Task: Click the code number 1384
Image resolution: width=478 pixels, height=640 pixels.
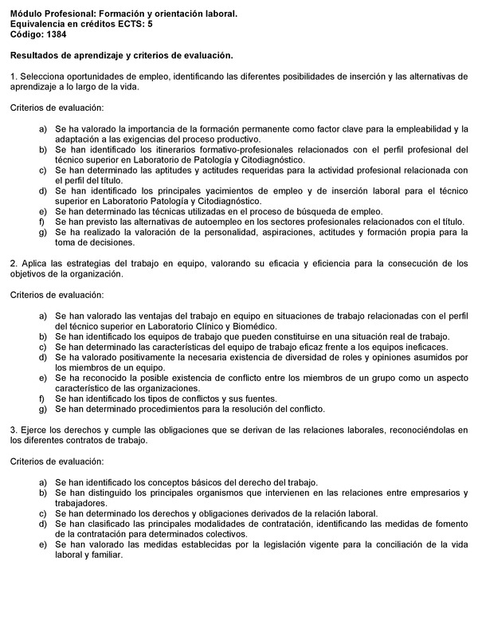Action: coord(51,33)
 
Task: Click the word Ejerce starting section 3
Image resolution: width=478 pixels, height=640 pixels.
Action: coord(32,430)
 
